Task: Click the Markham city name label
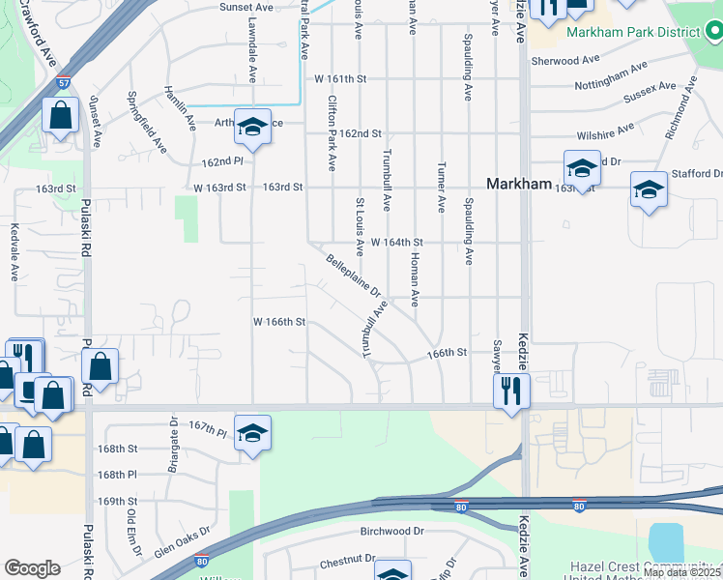(x=519, y=184)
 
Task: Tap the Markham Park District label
(x=633, y=32)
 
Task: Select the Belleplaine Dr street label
(x=354, y=275)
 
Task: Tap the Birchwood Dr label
(x=392, y=531)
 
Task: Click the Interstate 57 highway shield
(x=63, y=83)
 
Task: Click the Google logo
(x=32, y=567)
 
